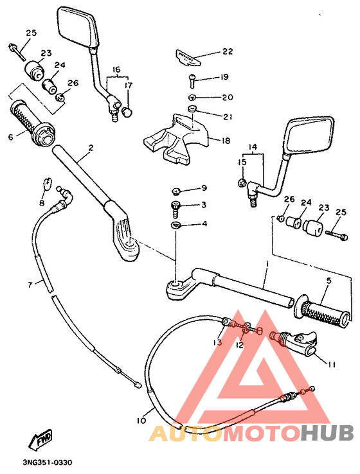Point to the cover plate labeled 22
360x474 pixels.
point(186,58)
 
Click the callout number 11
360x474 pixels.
point(331,364)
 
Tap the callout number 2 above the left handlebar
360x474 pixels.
point(91,148)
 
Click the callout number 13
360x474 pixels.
point(219,343)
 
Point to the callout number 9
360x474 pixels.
point(204,188)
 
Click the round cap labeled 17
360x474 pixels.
point(127,112)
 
